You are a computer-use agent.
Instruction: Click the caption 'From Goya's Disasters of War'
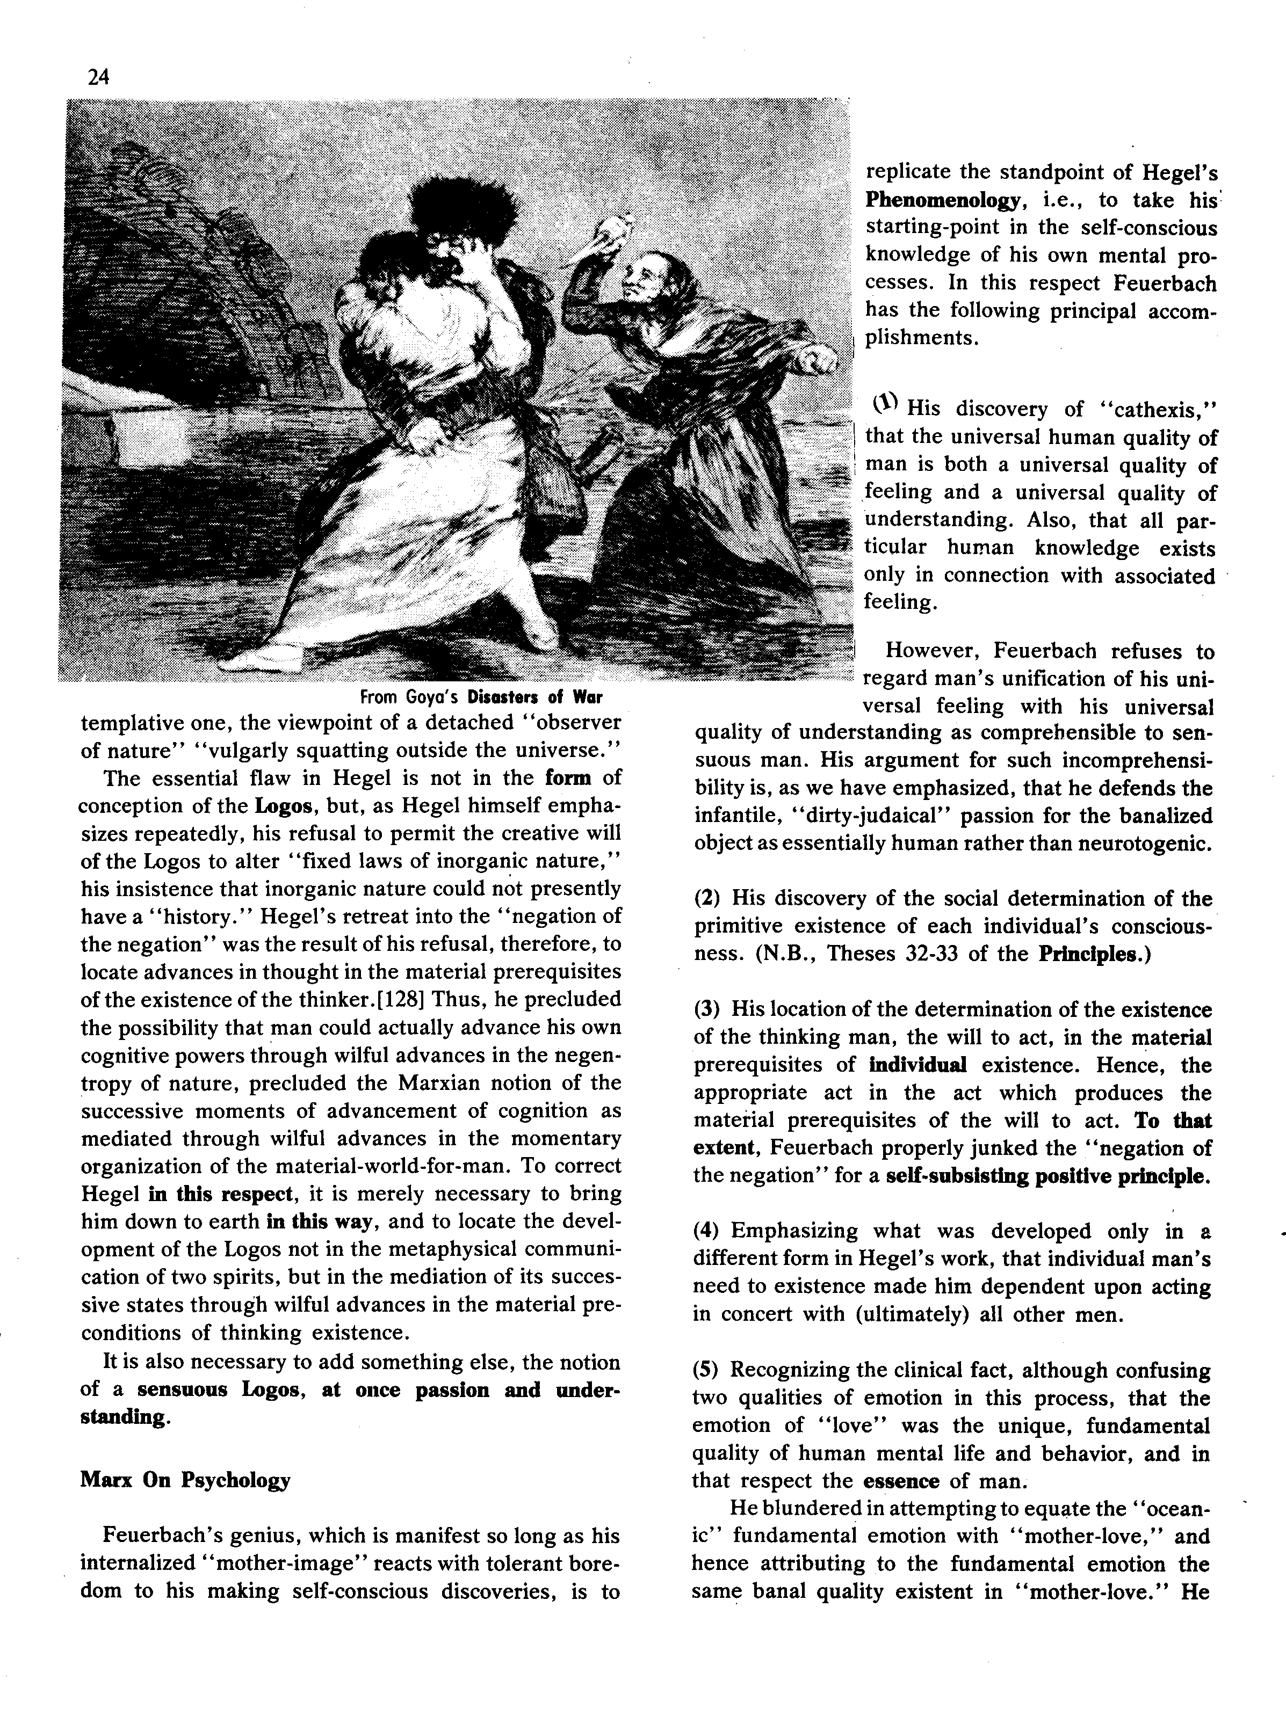point(481,697)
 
